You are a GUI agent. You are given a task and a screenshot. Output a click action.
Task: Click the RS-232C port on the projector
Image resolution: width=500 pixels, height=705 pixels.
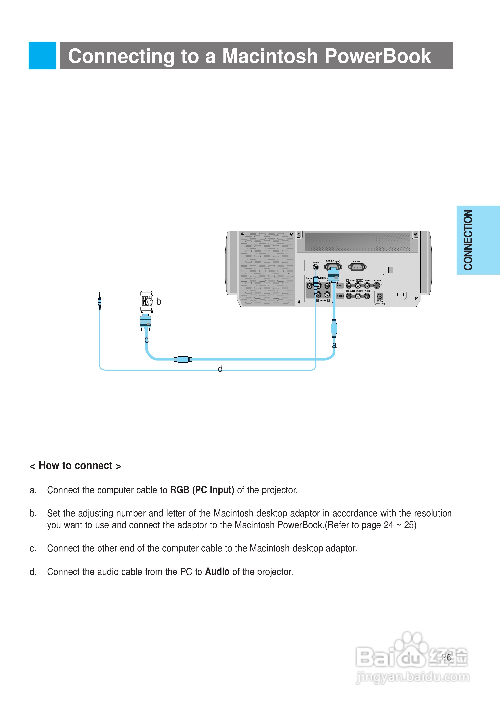point(357,267)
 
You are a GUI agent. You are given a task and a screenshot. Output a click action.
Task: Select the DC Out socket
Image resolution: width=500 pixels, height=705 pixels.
point(380,297)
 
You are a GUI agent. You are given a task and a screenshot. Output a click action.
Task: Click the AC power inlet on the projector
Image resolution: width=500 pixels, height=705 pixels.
point(400,296)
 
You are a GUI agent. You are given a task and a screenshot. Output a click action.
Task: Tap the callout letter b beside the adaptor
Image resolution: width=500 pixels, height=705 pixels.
point(159,302)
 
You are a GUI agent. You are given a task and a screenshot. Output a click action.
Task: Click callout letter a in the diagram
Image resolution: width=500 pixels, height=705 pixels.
point(334,345)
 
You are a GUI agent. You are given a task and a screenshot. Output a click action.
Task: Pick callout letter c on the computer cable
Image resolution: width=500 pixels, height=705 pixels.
point(147,340)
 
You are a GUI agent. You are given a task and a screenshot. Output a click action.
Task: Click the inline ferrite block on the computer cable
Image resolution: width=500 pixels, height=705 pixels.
point(183,359)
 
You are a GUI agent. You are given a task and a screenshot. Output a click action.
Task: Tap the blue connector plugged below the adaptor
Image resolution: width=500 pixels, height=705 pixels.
point(146,322)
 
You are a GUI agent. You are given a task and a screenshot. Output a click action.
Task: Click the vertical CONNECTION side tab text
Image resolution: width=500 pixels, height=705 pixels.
point(468,240)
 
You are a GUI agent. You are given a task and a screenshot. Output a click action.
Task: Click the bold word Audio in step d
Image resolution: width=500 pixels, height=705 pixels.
point(217,572)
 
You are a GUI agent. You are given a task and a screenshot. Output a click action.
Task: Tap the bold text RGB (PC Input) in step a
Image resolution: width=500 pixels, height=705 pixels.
point(202,490)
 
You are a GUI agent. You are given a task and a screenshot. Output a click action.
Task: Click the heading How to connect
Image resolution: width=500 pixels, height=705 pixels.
point(75,466)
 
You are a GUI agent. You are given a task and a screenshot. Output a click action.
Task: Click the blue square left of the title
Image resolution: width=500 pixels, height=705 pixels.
point(43,55)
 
